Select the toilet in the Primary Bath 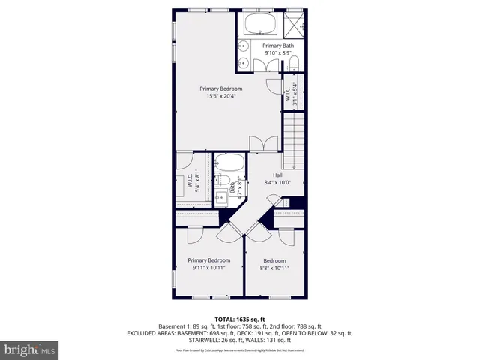point(295,62)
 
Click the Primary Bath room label point(277,46)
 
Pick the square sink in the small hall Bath point(221,199)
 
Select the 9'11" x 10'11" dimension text point(208,267)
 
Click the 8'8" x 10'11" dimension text point(274,267)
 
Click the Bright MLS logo point(30,349)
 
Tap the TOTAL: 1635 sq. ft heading point(240,319)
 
